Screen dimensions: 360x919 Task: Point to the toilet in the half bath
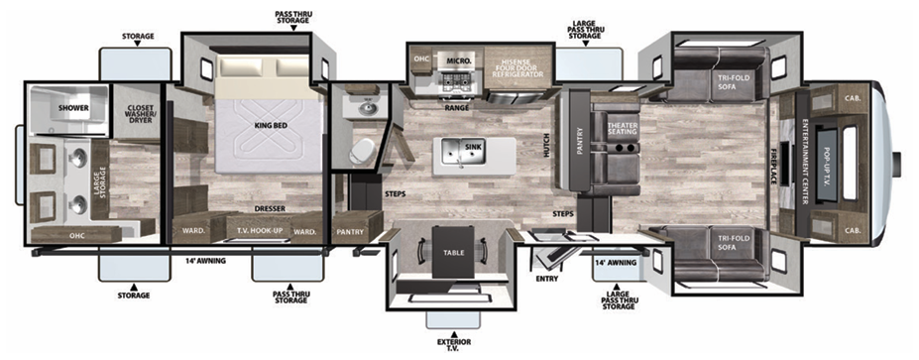point(363,150)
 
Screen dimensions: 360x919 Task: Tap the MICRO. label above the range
point(457,60)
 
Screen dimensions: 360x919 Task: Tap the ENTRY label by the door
point(546,279)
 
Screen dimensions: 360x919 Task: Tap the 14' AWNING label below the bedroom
point(200,261)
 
